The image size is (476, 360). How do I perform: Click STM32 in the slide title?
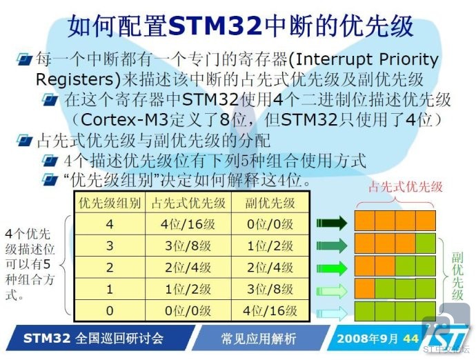point(215,26)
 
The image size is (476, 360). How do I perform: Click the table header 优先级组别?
point(110,203)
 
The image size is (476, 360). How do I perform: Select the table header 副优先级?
point(270,203)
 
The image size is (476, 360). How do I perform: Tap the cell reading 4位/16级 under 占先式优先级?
point(188,224)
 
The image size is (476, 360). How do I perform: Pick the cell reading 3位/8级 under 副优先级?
point(270,289)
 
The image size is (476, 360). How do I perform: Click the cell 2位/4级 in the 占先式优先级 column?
point(188,268)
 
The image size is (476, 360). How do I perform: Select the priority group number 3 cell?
point(110,246)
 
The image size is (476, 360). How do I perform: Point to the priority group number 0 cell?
point(110,310)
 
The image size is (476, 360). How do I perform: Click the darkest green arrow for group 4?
point(332,223)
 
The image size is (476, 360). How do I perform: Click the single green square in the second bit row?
point(426,244)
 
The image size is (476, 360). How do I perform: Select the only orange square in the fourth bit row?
point(365,288)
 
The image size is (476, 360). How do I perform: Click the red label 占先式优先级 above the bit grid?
point(406,187)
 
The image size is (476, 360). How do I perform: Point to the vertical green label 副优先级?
point(457,276)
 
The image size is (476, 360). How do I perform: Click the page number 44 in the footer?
point(411,339)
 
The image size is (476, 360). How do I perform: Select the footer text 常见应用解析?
point(259,339)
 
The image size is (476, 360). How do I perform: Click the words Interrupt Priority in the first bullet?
point(366,59)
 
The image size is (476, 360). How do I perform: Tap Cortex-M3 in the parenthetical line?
point(124,119)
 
